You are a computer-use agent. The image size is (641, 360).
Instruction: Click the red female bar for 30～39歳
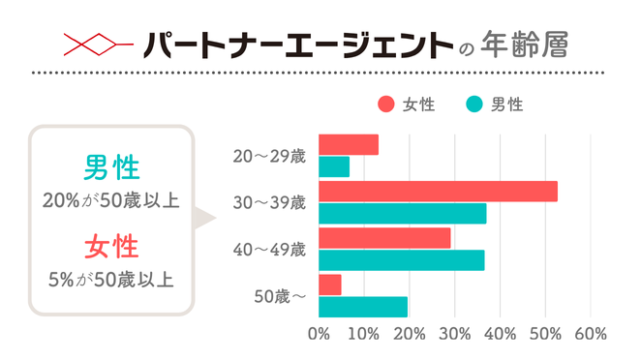438,192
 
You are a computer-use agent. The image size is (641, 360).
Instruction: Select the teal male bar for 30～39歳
402,214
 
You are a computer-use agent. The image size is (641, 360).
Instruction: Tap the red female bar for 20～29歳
349,145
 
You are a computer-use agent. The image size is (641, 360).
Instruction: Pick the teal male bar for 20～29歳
334,166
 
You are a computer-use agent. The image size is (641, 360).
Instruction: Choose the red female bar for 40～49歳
384,237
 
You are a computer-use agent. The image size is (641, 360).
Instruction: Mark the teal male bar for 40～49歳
401,260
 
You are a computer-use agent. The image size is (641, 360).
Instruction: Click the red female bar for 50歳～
329,285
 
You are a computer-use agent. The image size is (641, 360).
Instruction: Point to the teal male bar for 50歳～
363,307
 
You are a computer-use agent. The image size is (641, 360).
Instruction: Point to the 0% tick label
319,335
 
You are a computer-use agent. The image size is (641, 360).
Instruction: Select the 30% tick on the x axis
454,335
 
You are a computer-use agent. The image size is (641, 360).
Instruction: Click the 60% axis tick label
591,335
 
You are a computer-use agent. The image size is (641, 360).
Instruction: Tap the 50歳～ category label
280,296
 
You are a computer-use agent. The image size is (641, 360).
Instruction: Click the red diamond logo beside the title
96,45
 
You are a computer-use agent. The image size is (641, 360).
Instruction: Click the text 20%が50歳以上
109,201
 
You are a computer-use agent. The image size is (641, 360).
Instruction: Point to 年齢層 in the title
530,45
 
